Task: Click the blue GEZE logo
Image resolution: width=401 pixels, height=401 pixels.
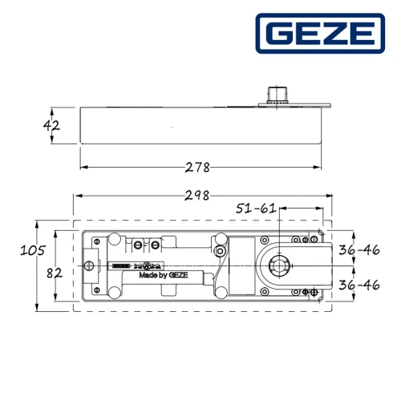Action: (x=318, y=34)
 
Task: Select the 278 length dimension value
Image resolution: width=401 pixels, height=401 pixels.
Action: (x=196, y=168)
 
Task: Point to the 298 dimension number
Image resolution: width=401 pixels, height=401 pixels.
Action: (x=196, y=195)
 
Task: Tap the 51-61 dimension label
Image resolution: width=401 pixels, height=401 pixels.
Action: (x=256, y=209)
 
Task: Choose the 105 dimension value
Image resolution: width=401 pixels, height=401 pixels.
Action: (x=32, y=249)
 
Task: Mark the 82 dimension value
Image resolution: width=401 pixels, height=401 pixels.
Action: (x=54, y=272)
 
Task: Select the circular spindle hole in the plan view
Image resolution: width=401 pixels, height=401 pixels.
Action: (x=278, y=264)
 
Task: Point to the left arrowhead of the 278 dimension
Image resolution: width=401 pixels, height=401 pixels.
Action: (x=83, y=168)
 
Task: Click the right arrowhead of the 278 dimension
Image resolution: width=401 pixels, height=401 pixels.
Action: (x=319, y=168)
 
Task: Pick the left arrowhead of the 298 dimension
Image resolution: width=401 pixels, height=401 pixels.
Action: (x=76, y=195)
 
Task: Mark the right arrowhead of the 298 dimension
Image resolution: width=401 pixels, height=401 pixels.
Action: (x=326, y=195)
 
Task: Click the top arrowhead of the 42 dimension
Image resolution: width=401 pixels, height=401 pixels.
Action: (x=54, y=108)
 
